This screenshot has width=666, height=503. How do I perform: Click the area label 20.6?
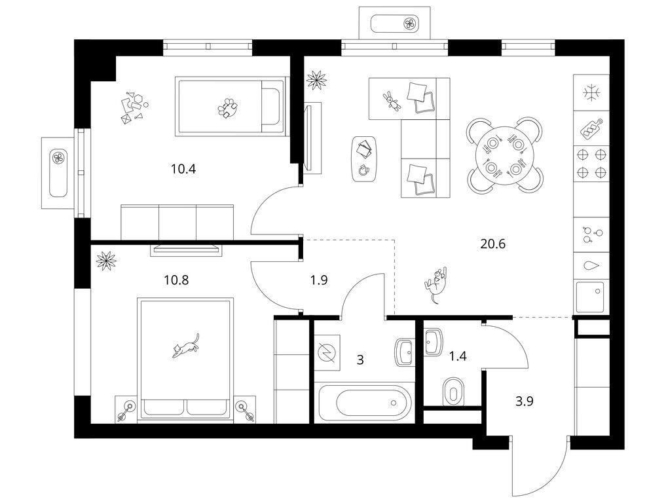coord(492,244)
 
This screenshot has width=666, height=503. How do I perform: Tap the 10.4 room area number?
coord(183,169)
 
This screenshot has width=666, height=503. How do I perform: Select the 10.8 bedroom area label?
coord(176,280)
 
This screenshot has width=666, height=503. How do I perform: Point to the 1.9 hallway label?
coord(318,280)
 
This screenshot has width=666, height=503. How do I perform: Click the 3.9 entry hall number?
coord(525,401)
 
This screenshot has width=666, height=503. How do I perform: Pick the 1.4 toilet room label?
coord(458,356)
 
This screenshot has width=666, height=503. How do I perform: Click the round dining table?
coord(504,154)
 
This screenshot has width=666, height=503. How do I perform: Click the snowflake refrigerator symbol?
coord(591,93)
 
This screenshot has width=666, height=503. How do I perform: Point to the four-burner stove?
coord(591,163)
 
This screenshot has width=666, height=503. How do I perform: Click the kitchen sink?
coord(591,297)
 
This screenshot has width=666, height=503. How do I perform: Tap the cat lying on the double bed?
coord(186,346)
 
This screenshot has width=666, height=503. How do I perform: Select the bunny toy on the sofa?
coord(392,102)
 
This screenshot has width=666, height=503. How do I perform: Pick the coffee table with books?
coord(364,159)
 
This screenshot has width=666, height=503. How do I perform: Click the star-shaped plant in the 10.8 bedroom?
coord(106,261)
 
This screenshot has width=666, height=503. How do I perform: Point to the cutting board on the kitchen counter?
coord(591,128)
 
